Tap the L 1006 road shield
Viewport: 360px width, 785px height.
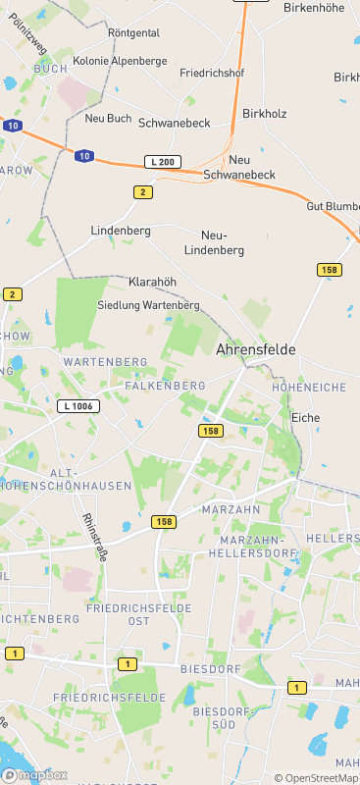tap(78, 405)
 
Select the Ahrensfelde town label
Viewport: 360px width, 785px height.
tap(255, 349)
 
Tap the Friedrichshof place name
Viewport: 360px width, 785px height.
tap(212, 74)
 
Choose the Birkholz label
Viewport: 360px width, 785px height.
tap(265, 114)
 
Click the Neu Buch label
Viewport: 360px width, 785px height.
tap(108, 119)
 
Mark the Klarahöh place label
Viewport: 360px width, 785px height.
tap(152, 282)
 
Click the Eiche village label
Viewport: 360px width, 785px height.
tap(306, 418)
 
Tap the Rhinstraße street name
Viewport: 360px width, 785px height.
tap(95, 536)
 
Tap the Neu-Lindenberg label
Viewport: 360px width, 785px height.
tap(223, 242)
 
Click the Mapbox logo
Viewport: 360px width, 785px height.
tap(34, 775)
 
